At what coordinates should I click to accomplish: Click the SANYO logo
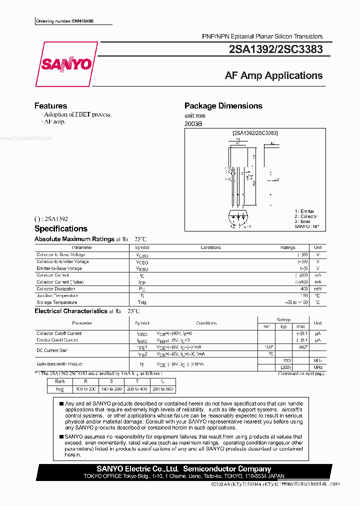click(66, 64)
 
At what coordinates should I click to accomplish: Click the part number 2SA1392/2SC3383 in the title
click(275, 49)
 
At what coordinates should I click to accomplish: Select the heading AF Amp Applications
click(273, 75)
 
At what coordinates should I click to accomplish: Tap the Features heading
click(50, 106)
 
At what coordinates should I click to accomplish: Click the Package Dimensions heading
click(223, 106)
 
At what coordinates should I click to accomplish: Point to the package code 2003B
click(193, 124)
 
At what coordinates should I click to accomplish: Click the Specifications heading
click(60, 229)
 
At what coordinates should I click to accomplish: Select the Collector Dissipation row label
click(56, 289)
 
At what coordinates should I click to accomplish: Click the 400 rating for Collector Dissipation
click(304, 289)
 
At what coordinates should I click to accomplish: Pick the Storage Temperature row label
click(56, 302)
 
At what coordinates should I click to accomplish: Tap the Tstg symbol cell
click(142, 302)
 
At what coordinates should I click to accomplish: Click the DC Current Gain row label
click(52, 350)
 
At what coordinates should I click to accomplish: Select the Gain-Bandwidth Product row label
click(59, 364)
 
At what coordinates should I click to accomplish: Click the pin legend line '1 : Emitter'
click(304, 212)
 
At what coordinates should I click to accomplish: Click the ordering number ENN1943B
click(65, 21)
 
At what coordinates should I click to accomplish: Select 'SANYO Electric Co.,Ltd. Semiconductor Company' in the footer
click(183, 469)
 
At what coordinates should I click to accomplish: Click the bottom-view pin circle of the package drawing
click(238, 218)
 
